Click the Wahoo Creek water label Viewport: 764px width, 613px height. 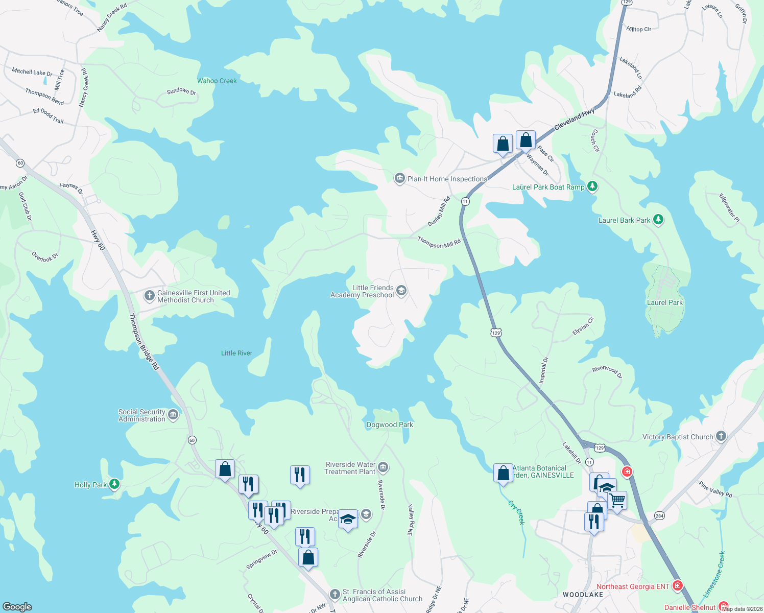click(217, 81)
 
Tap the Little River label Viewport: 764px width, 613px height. click(236, 353)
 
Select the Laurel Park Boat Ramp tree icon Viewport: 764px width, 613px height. click(592, 186)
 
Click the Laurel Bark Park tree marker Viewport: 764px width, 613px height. click(658, 220)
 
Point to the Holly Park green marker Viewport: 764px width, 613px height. click(114, 484)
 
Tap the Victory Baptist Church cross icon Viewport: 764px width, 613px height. click(721, 436)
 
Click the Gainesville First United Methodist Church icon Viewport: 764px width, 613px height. click(149, 295)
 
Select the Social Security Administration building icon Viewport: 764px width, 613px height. click(173, 414)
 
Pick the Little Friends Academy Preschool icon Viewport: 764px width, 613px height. click(401, 291)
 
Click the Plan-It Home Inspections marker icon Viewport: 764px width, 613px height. click(399, 178)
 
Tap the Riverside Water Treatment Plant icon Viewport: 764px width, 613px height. click(383, 467)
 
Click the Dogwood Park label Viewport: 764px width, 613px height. click(390, 425)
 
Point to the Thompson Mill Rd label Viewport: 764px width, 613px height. click(439, 243)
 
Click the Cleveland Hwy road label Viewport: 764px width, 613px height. click(574, 119)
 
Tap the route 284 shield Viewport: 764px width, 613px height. click(659, 516)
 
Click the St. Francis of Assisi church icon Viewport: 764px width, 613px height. click(335, 594)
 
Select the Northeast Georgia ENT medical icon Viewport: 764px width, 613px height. click(677, 585)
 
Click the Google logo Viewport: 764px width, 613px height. click(17, 606)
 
